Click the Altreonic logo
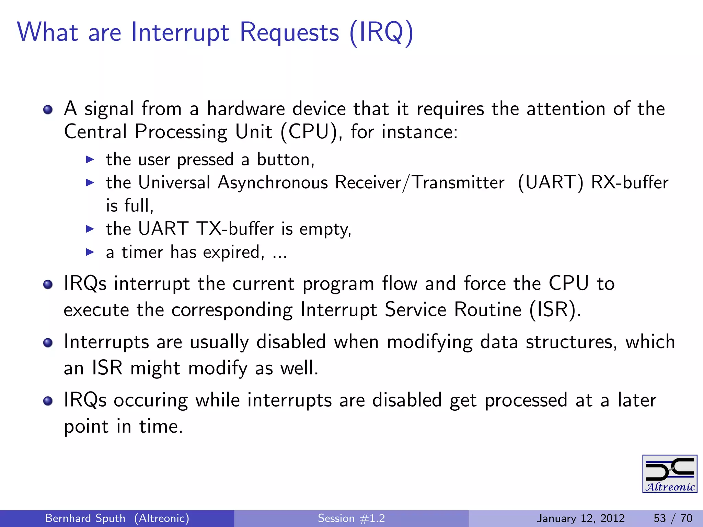(x=669, y=474)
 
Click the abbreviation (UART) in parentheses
(x=550, y=183)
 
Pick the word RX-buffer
(x=630, y=183)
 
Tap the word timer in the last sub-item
(x=142, y=252)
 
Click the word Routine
(x=488, y=310)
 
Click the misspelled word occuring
(x=150, y=400)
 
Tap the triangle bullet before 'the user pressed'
(x=90, y=160)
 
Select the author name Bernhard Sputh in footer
(x=85, y=518)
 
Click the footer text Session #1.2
(x=351, y=518)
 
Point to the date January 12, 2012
(x=580, y=518)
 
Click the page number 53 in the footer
(x=659, y=518)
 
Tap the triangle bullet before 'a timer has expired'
(x=90, y=252)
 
